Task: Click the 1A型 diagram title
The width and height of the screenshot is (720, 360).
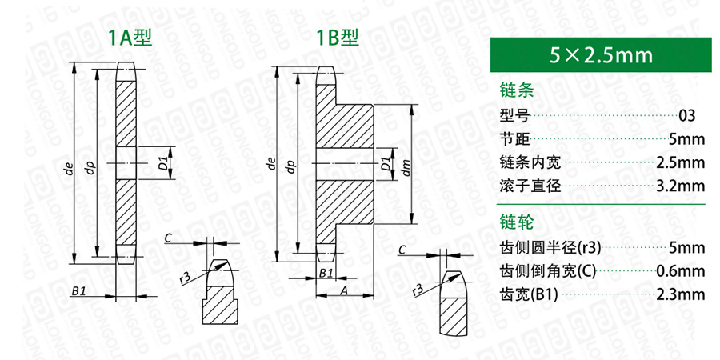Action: pos(130,38)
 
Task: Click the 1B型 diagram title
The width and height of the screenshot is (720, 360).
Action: pos(338,38)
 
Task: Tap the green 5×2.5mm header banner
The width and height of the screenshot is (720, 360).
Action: pos(601,55)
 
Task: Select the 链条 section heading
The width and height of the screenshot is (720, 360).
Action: pos(517,90)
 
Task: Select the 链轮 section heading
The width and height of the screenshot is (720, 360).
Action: pos(517,223)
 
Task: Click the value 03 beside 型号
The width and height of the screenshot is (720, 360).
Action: pos(687,115)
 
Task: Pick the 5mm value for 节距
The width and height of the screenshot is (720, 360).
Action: pos(687,138)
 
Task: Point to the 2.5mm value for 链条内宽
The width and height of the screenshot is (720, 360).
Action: pos(681,162)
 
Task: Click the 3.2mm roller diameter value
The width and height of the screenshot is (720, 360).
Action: pos(681,186)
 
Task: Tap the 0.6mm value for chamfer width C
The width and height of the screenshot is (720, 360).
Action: pos(681,271)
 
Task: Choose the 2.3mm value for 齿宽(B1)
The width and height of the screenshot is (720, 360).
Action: pos(681,294)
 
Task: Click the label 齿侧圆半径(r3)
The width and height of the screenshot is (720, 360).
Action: pos(550,248)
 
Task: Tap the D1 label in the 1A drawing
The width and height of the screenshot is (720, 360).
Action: pos(162,164)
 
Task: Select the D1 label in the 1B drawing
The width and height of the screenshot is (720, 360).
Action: pos(386,164)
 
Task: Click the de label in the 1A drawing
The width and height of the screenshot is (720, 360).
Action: pos(70,170)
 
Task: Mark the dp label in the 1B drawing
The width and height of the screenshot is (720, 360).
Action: pos(290,166)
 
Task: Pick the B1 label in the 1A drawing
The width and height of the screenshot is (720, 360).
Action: pos(78,290)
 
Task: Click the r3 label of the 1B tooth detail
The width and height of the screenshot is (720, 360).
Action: pos(417,290)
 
